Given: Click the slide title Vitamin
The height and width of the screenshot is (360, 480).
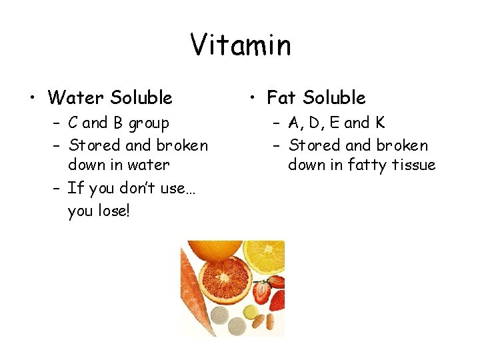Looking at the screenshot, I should pos(240,45).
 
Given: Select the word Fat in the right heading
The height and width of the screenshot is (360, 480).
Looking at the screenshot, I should pos(281,98).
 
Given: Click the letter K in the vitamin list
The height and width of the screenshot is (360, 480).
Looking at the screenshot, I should pos(380,123).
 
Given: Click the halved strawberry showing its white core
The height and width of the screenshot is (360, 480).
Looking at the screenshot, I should pos(261,292).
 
